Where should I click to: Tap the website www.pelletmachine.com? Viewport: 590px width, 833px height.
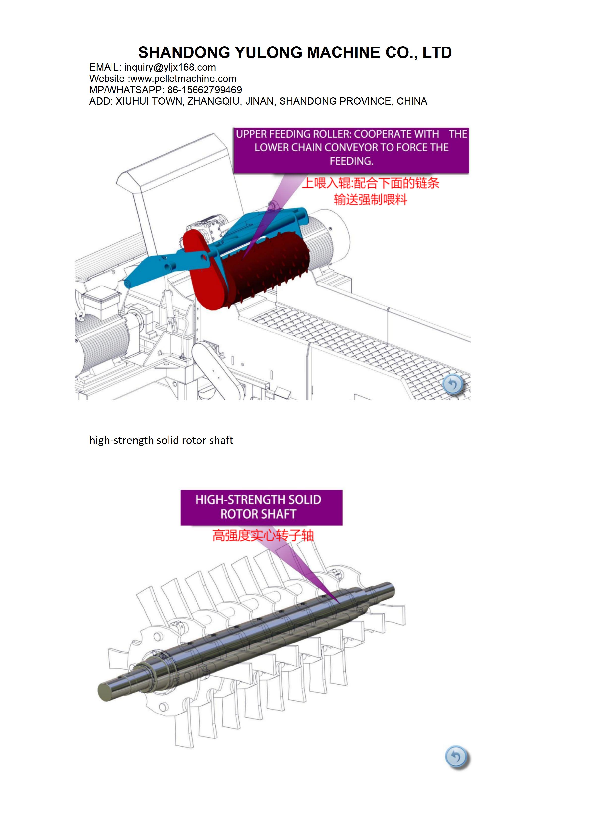coord(183,78)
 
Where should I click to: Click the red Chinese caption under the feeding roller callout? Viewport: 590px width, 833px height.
coord(370,191)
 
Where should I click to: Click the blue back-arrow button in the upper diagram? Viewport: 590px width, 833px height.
coord(453,384)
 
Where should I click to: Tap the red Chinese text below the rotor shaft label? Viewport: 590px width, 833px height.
coord(263,535)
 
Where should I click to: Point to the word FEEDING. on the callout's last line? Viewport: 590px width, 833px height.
coord(351,161)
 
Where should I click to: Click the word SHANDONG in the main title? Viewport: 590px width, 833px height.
coord(184,53)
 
